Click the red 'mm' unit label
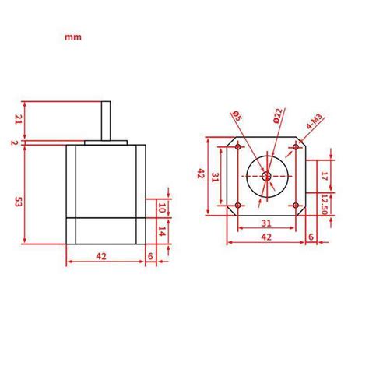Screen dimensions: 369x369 (72, 37)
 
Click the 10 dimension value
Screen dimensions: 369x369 (162, 208)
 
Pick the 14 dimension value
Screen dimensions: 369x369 (162, 231)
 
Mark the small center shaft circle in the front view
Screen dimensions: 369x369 (267, 177)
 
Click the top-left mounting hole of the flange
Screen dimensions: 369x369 (237, 146)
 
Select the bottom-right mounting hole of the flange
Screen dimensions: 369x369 (297, 206)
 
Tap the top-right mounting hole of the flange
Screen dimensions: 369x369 (297, 146)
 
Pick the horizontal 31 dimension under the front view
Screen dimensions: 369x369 (266, 224)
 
